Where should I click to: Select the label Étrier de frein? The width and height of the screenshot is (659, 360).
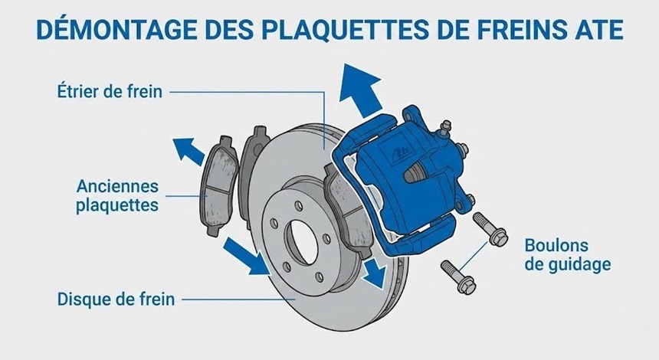[x=110, y=91]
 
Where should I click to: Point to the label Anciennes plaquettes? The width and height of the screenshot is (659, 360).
[x=117, y=196]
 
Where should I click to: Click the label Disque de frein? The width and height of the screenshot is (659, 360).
[x=116, y=299]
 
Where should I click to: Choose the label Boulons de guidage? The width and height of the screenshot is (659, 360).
[x=567, y=254]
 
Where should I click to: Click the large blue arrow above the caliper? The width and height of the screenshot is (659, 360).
[x=361, y=90]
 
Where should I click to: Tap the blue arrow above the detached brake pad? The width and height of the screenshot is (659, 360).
[x=189, y=151]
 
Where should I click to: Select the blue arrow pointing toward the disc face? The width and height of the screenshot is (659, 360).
[x=246, y=255]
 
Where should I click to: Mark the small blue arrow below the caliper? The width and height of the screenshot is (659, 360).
[x=375, y=273]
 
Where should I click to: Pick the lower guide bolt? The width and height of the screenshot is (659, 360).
[x=458, y=277]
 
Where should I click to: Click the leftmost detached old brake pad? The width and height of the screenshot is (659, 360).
[x=218, y=185]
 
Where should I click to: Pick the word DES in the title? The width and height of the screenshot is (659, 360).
[x=230, y=29]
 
